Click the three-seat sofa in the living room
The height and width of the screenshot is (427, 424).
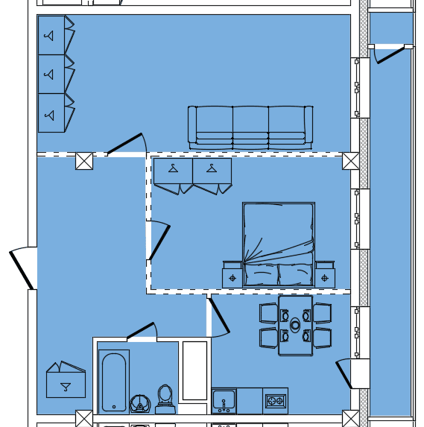(x=250, y=127)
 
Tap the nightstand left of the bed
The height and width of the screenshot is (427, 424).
(x=232, y=276)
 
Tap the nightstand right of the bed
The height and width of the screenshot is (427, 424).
(x=324, y=276)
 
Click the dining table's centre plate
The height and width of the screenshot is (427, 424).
(x=295, y=325)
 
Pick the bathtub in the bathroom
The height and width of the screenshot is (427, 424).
(x=114, y=381)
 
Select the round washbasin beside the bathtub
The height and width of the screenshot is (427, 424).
(x=139, y=403)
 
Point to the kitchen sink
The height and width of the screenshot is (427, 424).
(x=224, y=401)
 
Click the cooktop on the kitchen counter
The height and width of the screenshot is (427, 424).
(x=275, y=401)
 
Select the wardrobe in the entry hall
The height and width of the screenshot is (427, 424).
(x=65, y=382)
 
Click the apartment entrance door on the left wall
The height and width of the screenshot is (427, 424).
(x=22, y=268)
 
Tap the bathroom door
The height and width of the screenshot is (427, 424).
(x=141, y=331)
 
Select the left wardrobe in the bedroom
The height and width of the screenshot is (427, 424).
(x=173, y=174)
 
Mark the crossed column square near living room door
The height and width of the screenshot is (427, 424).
(x=84, y=160)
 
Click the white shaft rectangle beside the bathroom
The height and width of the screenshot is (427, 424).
(x=194, y=370)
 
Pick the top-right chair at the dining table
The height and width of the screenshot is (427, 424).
(x=322, y=313)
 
